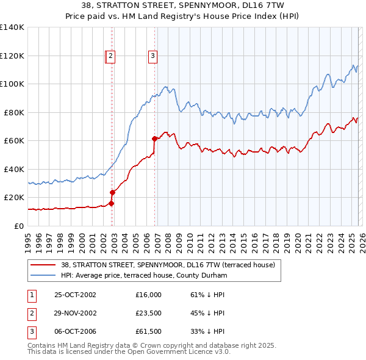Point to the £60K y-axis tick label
(13, 140)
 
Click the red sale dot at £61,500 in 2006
(154, 139)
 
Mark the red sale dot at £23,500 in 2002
(113, 192)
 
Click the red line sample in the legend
(42, 265)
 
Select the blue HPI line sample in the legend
(42, 275)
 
